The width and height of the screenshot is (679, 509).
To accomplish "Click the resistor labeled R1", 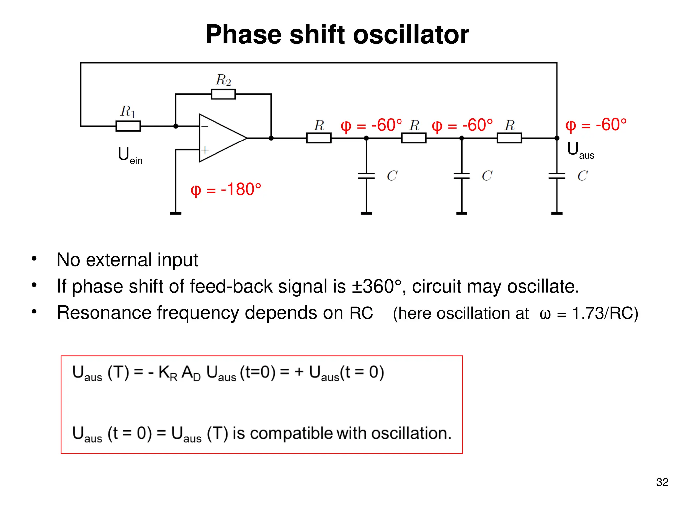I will [x=128, y=126].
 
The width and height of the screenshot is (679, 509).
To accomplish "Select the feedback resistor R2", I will [x=223, y=94].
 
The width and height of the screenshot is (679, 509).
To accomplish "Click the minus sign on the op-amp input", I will [x=205, y=126].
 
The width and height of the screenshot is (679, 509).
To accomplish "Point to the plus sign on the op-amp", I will [x=205, y=150].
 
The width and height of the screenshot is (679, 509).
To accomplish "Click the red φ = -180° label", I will [x=226, y=190].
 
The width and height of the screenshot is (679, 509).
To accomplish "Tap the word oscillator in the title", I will [x=411, y=34].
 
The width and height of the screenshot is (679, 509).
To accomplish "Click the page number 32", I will [x=662, y=482].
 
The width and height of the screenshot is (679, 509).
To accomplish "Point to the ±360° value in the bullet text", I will [x=376, y=286].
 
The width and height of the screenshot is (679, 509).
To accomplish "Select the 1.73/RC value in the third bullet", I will [x=605, y=313].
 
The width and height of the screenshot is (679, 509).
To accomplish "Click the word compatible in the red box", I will [x=292, y=433].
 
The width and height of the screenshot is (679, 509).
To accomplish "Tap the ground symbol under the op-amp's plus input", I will [x=176, y=213].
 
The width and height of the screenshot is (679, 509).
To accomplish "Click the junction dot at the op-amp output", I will [x=271, y=138].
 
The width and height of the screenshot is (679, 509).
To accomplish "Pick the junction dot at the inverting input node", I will [x=176, y=126].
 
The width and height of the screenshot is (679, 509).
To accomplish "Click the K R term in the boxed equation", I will [x=168, y=373].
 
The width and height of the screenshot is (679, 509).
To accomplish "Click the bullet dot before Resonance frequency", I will [x=34, y=311].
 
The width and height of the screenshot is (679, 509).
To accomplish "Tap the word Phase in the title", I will [x=244, y=34].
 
